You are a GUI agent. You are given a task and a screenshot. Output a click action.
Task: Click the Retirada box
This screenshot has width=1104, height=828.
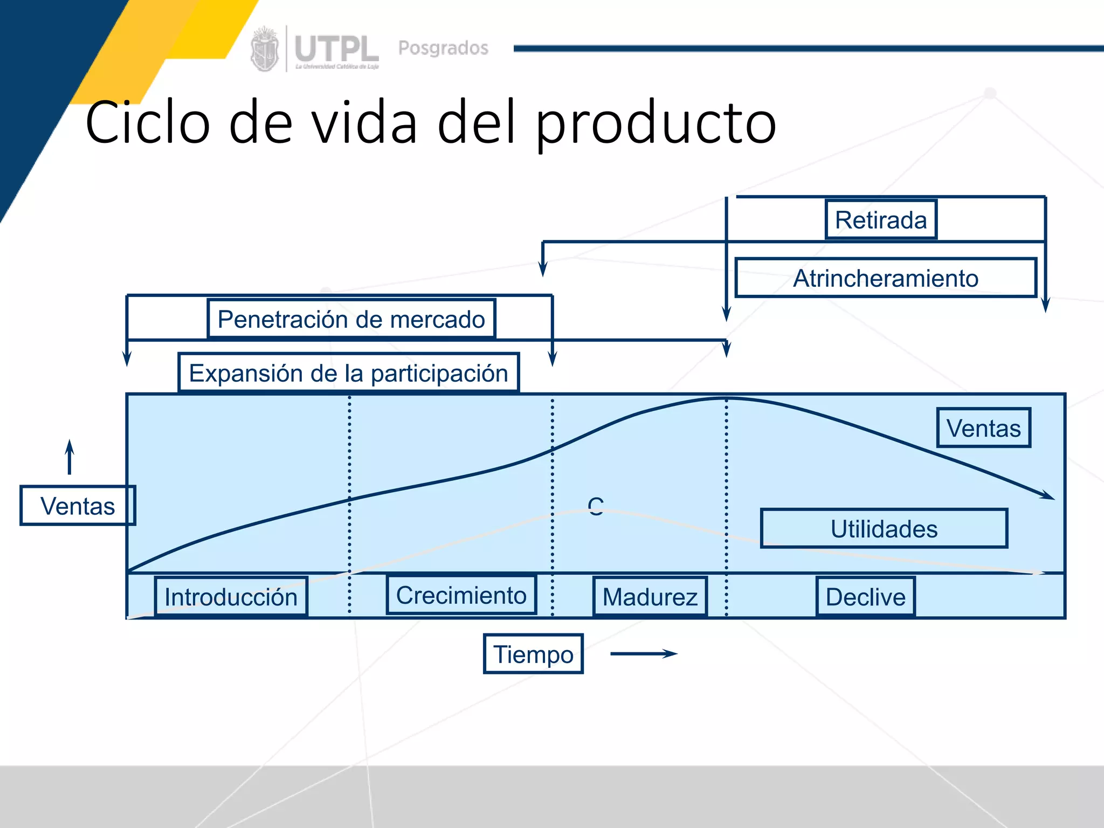coord(881,219)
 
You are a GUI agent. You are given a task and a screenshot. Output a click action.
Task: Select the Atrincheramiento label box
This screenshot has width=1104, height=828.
coord(885,278)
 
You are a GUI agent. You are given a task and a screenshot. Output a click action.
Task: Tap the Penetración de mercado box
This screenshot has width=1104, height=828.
coord(351,319)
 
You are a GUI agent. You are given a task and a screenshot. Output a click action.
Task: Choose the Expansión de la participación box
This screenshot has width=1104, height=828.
coord(348,373)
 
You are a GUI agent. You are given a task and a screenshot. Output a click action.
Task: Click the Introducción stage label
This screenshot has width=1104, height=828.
coord(231,597)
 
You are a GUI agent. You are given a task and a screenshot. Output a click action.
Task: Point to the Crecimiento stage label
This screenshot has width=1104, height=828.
coord(461,595)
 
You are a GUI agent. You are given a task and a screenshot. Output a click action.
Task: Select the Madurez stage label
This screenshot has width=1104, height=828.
coord(650,597)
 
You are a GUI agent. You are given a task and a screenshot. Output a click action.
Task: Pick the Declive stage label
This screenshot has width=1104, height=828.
coord(865,597)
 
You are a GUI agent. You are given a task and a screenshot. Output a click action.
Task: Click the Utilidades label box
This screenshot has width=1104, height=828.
coord(884,529)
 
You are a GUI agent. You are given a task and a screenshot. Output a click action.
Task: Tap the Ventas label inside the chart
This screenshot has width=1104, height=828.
coord(983,428)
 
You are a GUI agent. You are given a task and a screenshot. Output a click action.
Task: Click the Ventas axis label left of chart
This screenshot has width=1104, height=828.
coord(78,506)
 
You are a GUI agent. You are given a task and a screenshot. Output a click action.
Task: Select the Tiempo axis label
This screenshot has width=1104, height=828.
coord(533,654)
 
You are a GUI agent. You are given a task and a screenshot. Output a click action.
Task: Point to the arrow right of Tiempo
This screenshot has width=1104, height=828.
coord(644,654)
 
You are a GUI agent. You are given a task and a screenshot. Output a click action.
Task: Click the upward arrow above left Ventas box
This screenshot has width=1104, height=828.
coord(70,457)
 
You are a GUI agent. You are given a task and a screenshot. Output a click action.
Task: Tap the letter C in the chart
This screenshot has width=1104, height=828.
coord(596,507)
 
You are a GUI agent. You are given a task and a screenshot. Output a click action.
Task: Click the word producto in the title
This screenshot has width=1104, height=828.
coord(655,123)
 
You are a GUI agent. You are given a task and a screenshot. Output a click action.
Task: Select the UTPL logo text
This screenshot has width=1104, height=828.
coord(336,50)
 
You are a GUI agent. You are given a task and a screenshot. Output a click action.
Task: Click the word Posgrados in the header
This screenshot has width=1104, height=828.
coord(443,48)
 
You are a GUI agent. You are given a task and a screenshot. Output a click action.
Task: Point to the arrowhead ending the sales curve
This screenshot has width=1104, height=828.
coord(1047,495)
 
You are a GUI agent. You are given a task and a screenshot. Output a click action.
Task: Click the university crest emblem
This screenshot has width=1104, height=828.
coord(265,49)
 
